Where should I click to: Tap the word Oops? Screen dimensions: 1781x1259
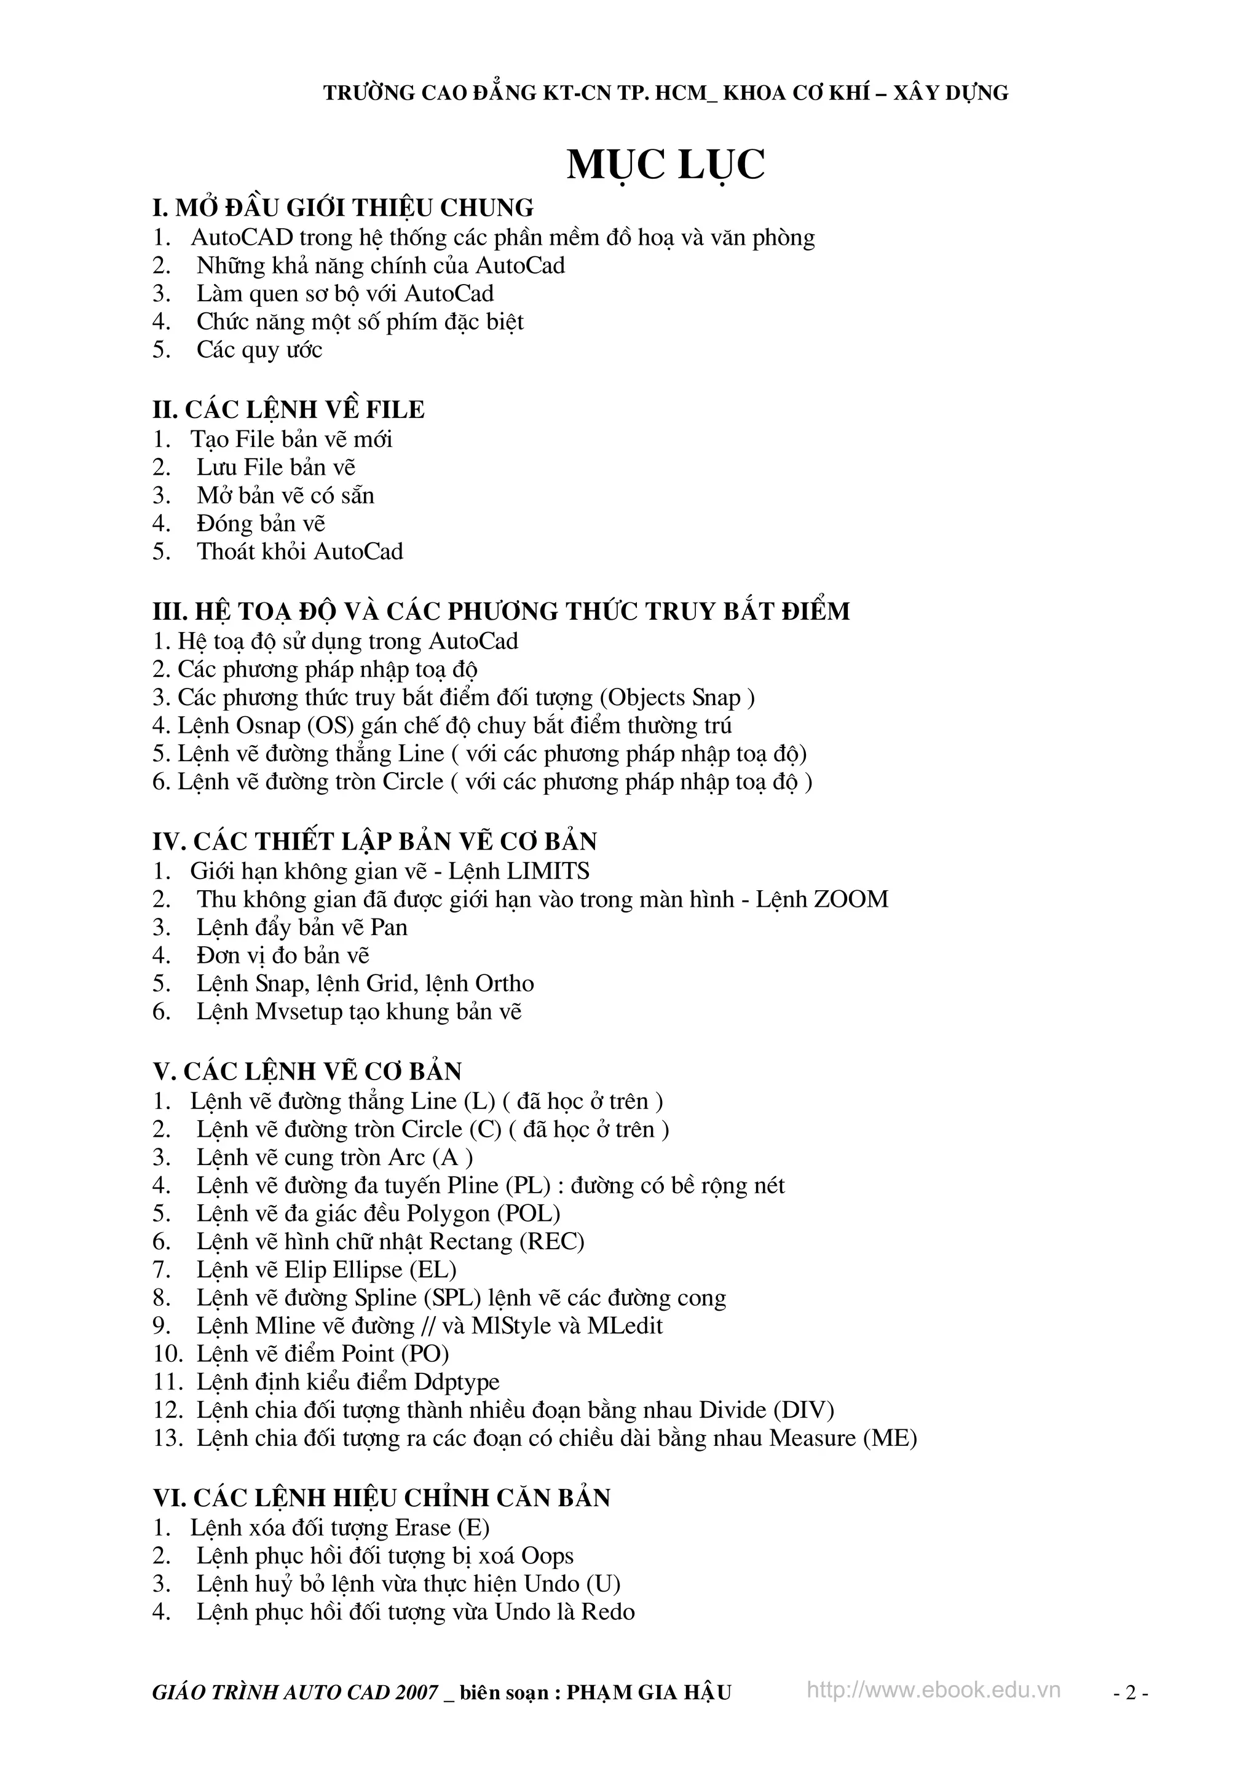pyautogui.click(x=547, y=1555)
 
